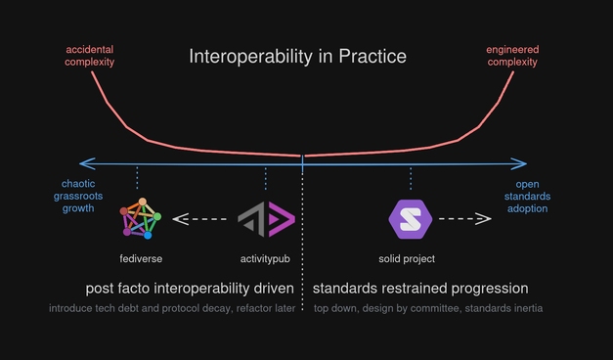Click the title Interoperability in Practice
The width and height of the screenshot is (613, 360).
297,57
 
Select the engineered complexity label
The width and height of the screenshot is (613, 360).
513,55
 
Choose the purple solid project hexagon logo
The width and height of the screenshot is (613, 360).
410,218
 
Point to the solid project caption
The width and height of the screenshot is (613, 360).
407,258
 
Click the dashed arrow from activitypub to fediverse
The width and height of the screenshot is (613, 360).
202,218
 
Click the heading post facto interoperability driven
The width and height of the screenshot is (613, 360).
191,289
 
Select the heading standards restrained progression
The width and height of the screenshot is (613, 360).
420,289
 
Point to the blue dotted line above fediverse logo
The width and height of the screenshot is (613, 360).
137,178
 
